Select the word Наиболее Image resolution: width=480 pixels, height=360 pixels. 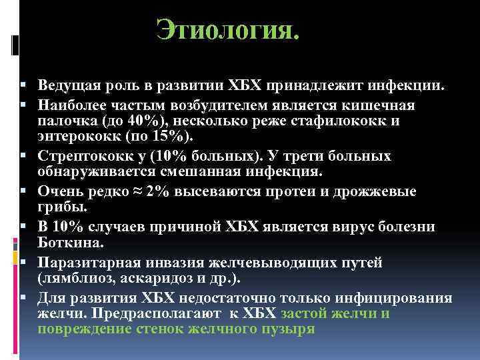click(71, 105)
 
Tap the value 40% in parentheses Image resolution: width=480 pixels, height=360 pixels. click(137, 122)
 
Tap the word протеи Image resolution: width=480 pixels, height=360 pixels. click(293, 191)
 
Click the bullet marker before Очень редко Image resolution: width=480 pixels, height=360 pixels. click(23, 192)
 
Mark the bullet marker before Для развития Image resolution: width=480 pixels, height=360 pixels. click(23, 298)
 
